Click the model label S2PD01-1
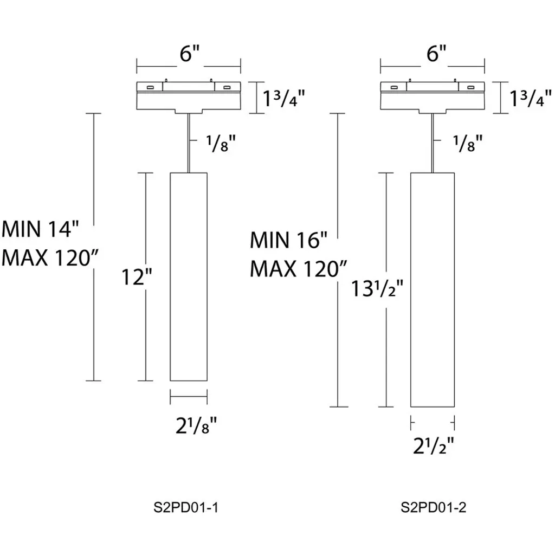186,508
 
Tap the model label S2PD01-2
434,508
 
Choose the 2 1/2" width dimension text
433,445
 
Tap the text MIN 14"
41,229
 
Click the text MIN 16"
289,240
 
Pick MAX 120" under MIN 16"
298,269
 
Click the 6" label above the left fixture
190,54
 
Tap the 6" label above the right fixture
436,54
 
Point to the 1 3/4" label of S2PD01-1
285,99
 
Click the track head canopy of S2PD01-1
189,96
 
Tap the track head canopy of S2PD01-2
433,96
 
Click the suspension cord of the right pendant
433,144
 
